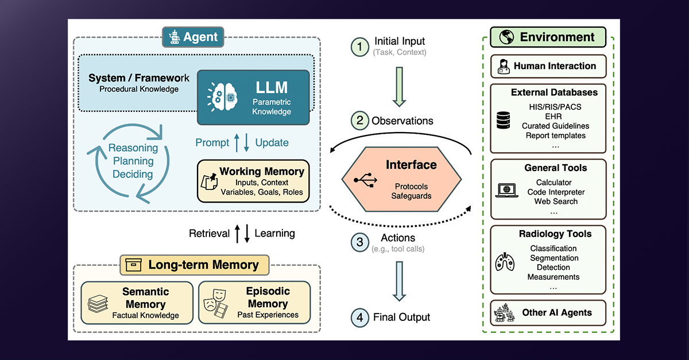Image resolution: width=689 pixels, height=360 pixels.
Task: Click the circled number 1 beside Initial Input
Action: (360, 47)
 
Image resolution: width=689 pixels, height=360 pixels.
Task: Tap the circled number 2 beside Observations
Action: (360, 121)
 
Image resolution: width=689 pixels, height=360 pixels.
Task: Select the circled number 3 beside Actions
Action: (360, 242)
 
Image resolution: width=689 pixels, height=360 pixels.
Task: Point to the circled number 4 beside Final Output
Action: (360, 316)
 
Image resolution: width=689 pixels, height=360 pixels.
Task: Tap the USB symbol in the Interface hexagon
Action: (366, 180)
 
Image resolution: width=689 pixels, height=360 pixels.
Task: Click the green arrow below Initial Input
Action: (400, 88)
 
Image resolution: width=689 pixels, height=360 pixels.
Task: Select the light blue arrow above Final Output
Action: (400, 281)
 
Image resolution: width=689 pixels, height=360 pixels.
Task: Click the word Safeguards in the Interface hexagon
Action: (411, 195)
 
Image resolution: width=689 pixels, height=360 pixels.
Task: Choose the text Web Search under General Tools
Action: (556, 202)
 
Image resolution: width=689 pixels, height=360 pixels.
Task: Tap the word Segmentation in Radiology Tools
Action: (554, 258)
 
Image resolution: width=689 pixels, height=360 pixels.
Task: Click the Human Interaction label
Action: (555, 66)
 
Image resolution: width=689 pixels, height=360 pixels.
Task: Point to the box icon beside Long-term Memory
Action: (134, 265)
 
